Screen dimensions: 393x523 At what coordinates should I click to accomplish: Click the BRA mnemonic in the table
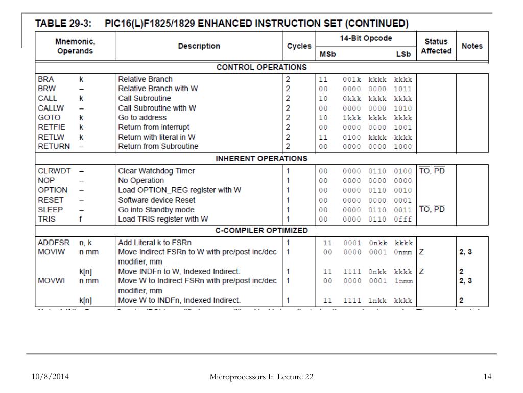click(x=45, y=79)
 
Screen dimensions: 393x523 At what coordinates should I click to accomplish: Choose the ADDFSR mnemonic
click(x=53, y=243)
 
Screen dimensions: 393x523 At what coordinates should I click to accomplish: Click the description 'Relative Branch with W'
click(x=158, y=89)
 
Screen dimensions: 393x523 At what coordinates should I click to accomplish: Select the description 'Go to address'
click(x=142, y=118)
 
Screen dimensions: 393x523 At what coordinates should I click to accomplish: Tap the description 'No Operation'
click(x=141, y=181)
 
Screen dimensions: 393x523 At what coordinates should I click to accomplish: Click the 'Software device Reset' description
click(x=156, y=200)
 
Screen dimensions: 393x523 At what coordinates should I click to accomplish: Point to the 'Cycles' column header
click(x=299, y=46)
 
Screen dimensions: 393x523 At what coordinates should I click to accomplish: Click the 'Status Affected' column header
click(x=436, y=46)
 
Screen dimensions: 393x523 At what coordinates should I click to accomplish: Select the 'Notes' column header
click(x=471, y=46)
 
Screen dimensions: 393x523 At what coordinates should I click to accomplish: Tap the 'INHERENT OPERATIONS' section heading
click(x=261, y=158)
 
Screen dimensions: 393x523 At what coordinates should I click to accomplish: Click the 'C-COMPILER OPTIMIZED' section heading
click(x=261, y=231)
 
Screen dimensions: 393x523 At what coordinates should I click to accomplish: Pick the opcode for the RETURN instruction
click(x=365, y=147)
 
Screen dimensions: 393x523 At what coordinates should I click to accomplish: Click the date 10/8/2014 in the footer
click(x=49, y=377)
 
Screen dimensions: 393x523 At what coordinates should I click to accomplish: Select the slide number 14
click(x=487, y=377)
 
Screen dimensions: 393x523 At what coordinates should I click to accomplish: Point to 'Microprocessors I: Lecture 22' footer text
click(x=261, y=377)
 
